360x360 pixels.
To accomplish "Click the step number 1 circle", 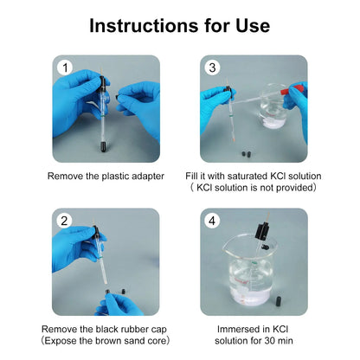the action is coord(66,68).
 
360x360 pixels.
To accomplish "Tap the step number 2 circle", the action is coord(64,221).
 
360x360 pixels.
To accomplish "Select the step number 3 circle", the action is coord(212,67).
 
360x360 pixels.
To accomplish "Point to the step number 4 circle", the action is coord(212,221).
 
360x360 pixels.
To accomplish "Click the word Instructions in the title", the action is coord(145,25).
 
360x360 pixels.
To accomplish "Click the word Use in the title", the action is coord(253,25).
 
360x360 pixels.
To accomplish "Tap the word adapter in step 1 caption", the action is coord(148,177).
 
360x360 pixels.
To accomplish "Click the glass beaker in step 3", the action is coord(273,106).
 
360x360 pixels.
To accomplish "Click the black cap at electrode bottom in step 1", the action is coord(103,146).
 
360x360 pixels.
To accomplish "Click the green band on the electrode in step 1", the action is coord(102,115).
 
